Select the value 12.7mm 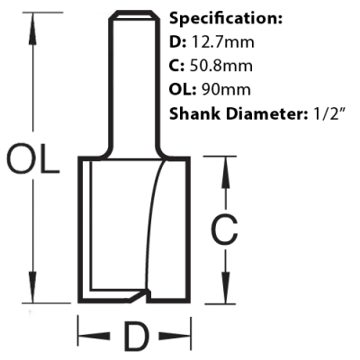pos(222,42)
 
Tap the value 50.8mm pos(221,66)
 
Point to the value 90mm pos(227,89)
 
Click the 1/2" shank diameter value pos(328,113)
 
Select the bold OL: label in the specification pos(183,89)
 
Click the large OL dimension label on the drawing pos(32,158)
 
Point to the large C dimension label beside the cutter pos(224,229)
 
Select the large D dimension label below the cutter pos(137,337)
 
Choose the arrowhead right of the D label pos(175,337)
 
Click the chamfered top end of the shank pos(134,15)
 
